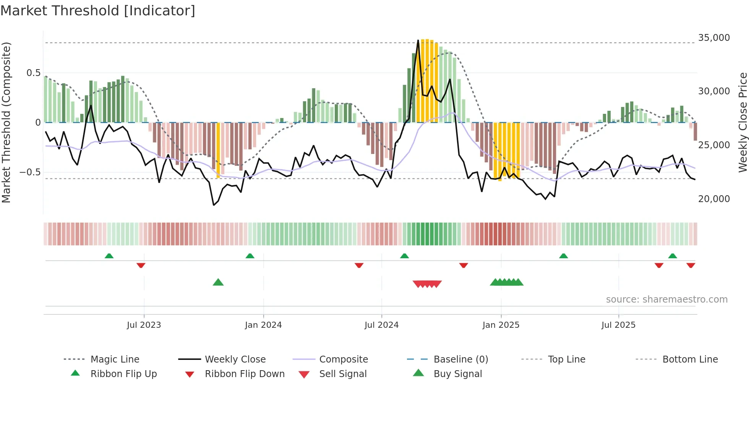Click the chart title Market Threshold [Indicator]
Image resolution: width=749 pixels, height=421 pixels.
pyautogui.click(x=98, y=11)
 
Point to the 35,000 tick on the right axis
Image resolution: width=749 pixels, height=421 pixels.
pyautogui.click(x=713, y=38)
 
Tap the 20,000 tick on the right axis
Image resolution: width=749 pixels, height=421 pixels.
pyautogui.click(x=713, y=199)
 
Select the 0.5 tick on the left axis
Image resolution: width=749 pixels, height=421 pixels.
pyautogui.click(x=33, y=73)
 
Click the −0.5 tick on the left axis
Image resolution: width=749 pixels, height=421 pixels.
pyautogui.click(x=30, y=172)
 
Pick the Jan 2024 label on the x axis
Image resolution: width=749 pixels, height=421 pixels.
pyautogui.click(x=263, y=325)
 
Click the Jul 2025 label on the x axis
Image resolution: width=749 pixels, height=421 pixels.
pyautogui.click(x=618, y=325)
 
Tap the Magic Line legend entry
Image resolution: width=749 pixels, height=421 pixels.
pyautogui.click(x=115, y=359)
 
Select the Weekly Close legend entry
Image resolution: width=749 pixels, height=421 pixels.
pyautogui.click(x=235, y=359)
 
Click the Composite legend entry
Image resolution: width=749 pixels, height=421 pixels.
pyautogui.click(x=343, y=359)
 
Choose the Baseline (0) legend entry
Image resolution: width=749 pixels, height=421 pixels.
pyautogui.click(x=460, y=359)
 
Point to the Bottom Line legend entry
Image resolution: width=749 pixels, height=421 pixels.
pyautogui.click(x=690, y=359)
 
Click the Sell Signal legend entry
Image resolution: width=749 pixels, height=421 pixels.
pyautogui.click(x=342, y=374)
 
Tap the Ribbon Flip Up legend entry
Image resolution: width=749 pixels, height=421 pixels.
pyautogui.click(x=123, y=374)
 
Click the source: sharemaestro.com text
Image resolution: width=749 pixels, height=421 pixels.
pyautogui.click(x=666, y=300)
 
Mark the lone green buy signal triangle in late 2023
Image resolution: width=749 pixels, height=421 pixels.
pyautogui.click(x=218, y=282)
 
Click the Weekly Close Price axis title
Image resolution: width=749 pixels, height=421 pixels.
pyautogui.click(x=742, y=122)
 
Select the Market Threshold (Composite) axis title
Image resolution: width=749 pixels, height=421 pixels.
pyautogui.click(x=6, y=122)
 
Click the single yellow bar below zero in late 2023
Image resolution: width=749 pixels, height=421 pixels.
pyautogui.click(x=218, y=150)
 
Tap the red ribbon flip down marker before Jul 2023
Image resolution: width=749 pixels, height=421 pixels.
pyautogui.click(x=141, y=265)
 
